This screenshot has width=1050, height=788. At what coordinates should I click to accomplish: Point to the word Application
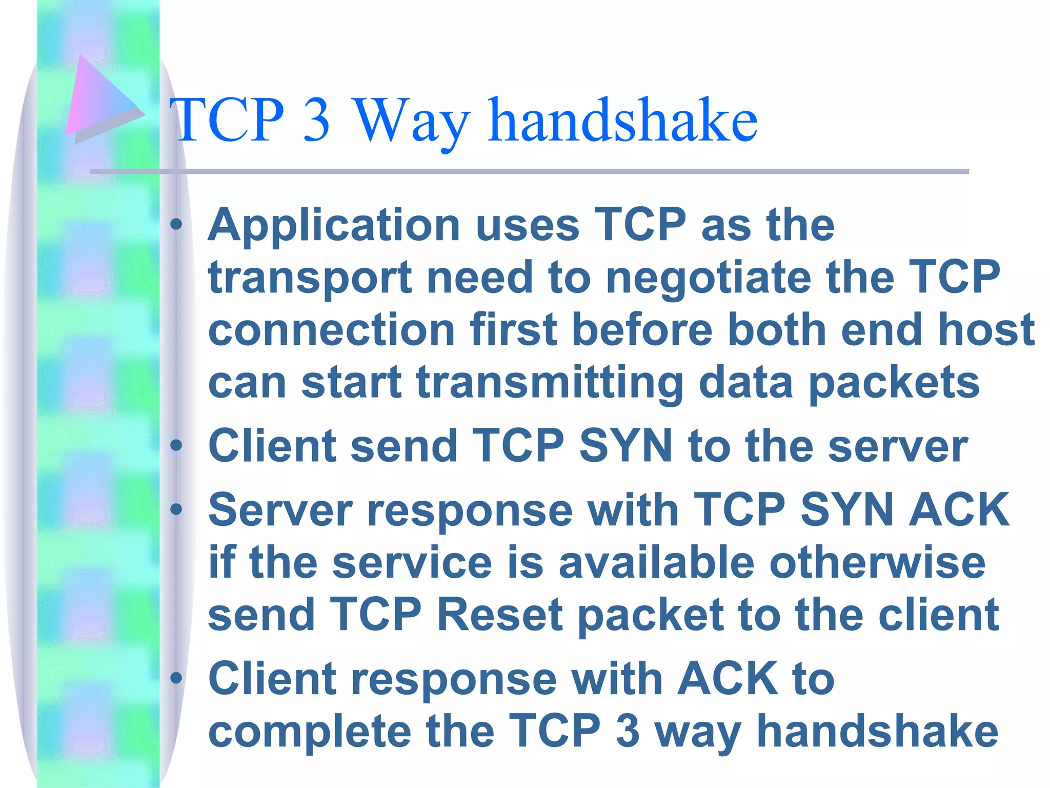tap(334, 226)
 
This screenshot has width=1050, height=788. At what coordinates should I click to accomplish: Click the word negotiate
tap(708, 278)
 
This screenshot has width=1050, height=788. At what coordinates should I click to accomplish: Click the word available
tap(656, 563)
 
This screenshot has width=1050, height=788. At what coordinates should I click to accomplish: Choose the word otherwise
tap(877, 563)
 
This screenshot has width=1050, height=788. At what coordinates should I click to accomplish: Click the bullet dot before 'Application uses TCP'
tap(176, 224)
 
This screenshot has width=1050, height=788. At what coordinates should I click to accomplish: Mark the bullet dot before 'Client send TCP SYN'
tap(176, 445)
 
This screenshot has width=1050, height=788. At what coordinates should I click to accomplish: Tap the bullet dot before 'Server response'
tap(176, 509)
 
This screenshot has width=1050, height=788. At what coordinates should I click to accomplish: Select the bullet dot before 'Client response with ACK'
tap(176, 678)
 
